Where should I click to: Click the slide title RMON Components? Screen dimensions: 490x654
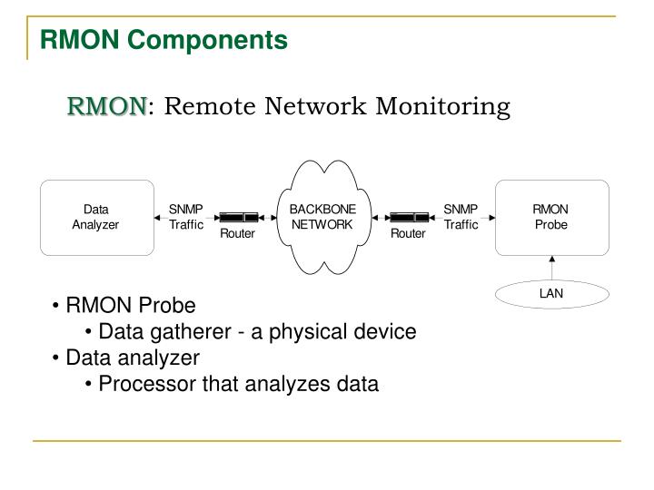click(163, 40)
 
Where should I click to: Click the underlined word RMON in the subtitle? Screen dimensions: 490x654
click(105, 107)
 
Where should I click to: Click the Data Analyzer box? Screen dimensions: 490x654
click(95, 218)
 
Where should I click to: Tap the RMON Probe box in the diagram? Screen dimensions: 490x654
click(550, 218)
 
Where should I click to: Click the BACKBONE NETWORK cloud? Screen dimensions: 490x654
click(322, 217)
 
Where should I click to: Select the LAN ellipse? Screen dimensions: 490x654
click(551, 293)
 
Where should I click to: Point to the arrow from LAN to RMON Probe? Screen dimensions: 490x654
click(551, 268)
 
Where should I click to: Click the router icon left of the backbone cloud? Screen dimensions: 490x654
click(238, 218)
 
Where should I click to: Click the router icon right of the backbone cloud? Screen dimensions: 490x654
click(409, 218)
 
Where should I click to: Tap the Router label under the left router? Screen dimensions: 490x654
click(238, 234)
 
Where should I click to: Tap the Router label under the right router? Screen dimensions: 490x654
click(409, 234)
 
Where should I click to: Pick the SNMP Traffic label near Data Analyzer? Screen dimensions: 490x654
click(186, 217)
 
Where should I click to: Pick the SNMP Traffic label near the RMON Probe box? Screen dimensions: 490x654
click(461, 217)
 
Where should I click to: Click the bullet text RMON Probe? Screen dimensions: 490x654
click(130, 305)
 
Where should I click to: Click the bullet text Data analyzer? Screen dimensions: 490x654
click(133, 358)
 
